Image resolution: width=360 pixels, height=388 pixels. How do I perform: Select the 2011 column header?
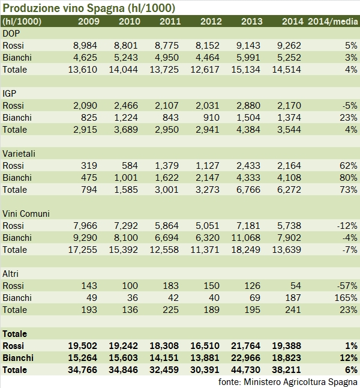coord(171,22)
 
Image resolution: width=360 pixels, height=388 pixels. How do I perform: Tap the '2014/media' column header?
coord(332,22)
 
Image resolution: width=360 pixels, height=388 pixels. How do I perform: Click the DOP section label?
coord(11,34)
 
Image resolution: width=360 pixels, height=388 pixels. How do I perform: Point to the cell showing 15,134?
coord(248,70)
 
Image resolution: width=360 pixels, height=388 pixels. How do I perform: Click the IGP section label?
coord(10,94)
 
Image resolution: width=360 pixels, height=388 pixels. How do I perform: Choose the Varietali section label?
coord(19,154)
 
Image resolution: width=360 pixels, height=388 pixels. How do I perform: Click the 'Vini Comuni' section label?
coord(26,214)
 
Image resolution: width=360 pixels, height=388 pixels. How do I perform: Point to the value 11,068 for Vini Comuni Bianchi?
coord(248,238)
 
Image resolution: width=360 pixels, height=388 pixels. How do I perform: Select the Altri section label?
coord(12,274)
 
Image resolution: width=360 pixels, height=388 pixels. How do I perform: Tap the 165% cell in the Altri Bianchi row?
coord(346,298)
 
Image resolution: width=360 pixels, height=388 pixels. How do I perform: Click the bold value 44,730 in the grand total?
coord(248,370)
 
